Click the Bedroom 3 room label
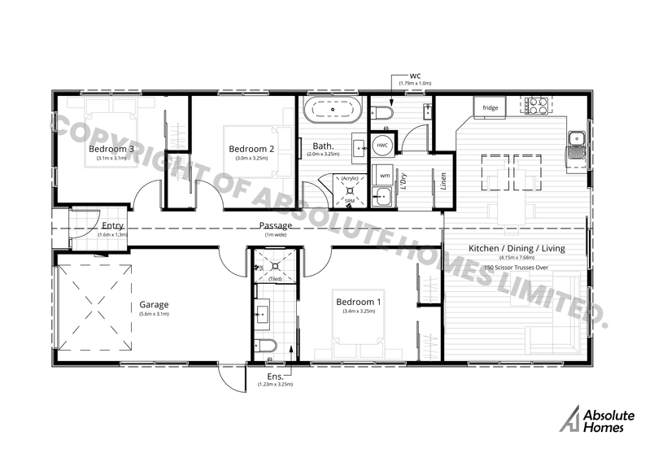point(111,150)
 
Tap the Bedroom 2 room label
point(251,149)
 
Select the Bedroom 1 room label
point(359,302)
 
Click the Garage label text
point(153,305)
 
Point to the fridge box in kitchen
point(490,107)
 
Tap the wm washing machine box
point(384,175)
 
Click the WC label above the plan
point(415,75)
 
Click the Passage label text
point(275,225)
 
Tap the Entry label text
point(112,225)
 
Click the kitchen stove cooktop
point(536,105)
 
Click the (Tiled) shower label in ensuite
point(275,278)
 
